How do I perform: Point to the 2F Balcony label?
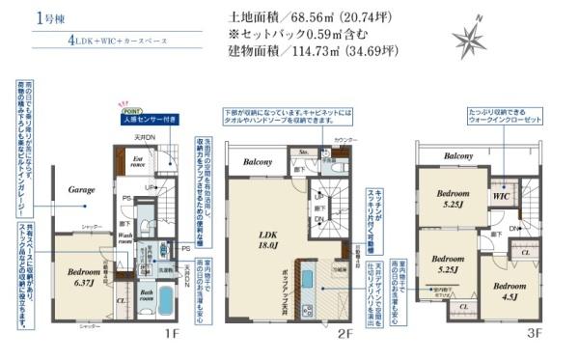tap(258, 162)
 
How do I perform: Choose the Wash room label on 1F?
tap(127, 237)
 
